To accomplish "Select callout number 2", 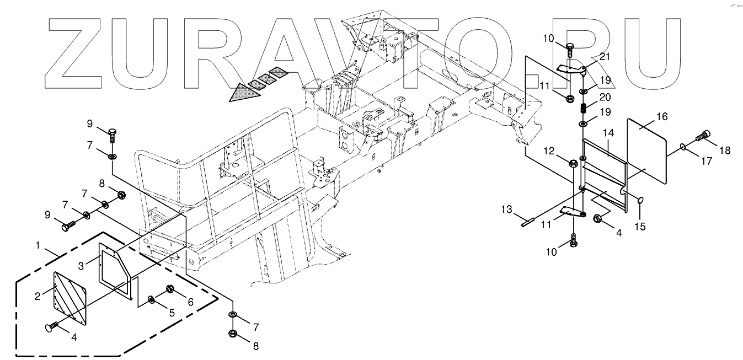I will [x=38, y=296].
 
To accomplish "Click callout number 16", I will [x=661, y=116].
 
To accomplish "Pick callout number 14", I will [x=608, y=133].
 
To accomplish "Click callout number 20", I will [x=605, y=97].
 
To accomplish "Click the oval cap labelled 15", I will [x=641, y=200].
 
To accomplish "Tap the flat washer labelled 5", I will [x=151, y=300].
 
